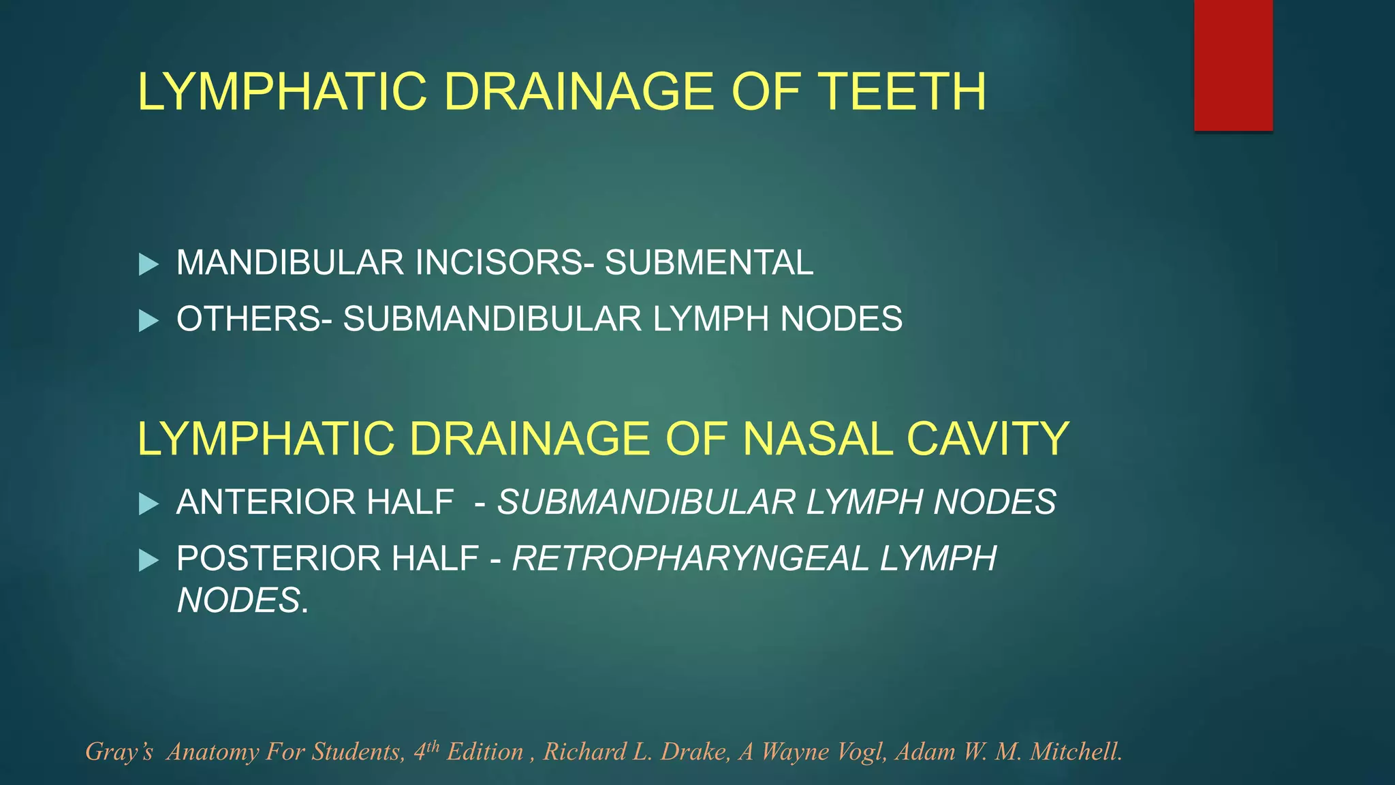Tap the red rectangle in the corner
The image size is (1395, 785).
(1233, 65)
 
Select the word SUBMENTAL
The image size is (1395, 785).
(709, 262)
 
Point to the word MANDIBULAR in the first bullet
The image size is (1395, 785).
(290, 262)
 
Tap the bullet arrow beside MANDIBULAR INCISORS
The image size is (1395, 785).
(148, 264)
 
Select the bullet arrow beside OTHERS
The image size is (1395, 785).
(148, 320)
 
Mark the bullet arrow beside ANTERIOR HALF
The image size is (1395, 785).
(148, 504)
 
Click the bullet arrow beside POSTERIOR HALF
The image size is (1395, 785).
(148, 561)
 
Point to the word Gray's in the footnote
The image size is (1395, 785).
(119, 752)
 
